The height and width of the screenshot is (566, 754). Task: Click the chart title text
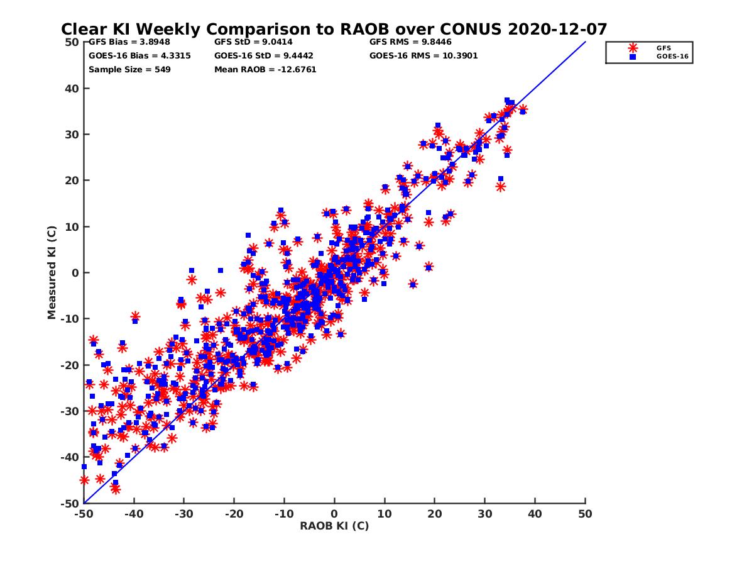(x=334, y=29)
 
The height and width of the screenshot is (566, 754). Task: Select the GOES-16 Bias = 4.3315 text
(x=139, y=55)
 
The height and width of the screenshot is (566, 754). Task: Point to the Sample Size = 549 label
(x=129, y=69)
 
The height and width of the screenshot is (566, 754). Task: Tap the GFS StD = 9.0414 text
(x=253, y=42)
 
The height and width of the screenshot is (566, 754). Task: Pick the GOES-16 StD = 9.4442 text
(x=265, y=55)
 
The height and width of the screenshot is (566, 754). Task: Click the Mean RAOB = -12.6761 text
(x=265, y=69)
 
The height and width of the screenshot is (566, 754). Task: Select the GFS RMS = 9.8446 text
(x=410, y=42)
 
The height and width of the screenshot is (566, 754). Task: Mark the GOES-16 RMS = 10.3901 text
(x=423, y=55)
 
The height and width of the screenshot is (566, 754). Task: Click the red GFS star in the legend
(x=633, y=48)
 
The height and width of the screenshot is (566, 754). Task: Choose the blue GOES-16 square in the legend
(x=633, y=57)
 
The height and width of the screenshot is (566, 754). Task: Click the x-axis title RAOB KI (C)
(x=334, y=526)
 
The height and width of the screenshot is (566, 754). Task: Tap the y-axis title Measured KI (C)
(x=52, y=272)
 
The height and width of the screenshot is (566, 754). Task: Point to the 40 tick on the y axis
(x=72, y=89)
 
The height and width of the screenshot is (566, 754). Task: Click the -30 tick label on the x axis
(x=183, y=514)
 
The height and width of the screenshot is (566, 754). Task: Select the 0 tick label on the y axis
(x=75, y=273)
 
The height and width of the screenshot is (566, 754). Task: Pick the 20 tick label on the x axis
(x=435, y=514)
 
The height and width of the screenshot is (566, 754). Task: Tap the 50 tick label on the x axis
(x=586, y=514)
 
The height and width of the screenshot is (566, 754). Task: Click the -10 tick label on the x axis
(x=284, y=514)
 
